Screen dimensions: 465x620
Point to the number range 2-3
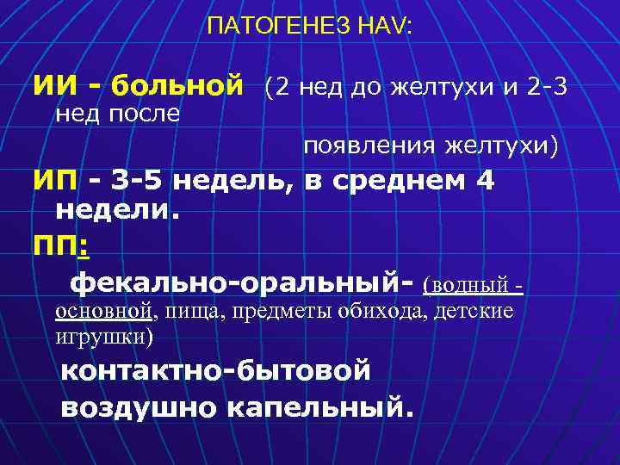[544, 86]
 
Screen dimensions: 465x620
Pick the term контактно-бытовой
[215, 371]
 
